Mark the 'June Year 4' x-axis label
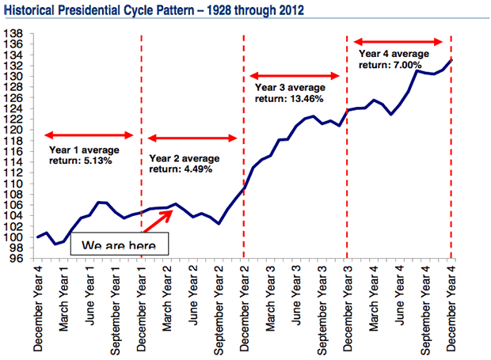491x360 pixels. coord(400,301)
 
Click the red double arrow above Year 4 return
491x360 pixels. coord(398,41)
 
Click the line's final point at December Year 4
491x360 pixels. coord(451,59)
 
